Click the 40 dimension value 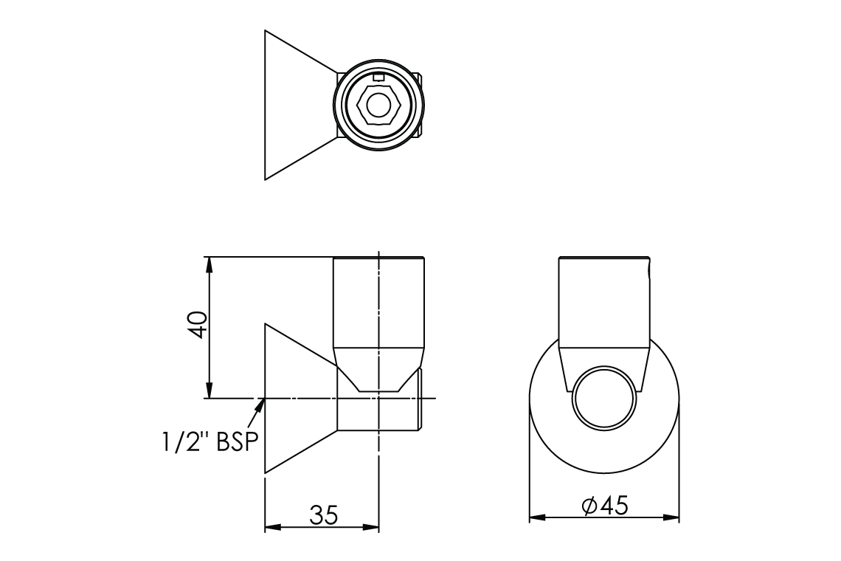pyautogui.click(x=198, y=324)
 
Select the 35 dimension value pyautogui.click(x=324, y=515)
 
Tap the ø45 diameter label pyautogui.click(x=604, y=505)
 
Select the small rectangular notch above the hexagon pyautogui.click(x=378, y=78)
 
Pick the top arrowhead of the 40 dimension pyautogui.click(x=210, y=265)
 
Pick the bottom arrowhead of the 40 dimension pyautogui.click(x=210, y=390)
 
